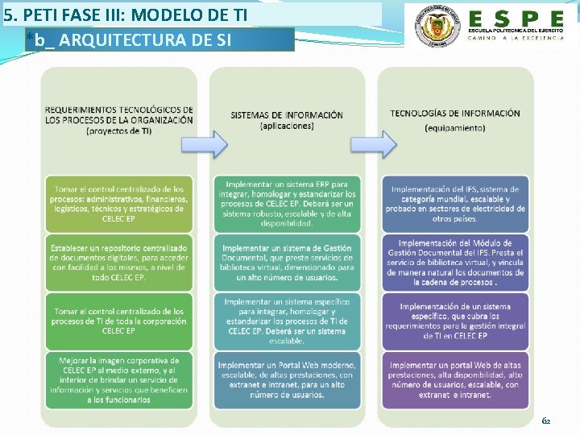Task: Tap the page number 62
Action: (x=546, y=420)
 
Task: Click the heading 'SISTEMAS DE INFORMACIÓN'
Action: (x=286, y=119)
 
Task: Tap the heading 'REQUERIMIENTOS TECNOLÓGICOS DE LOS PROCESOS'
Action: (x=119, y=119)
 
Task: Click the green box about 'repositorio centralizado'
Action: (x=119, y=262)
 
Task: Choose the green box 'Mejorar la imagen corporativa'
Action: (x=119, y=379)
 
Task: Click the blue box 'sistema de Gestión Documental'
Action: (x=287, y=262)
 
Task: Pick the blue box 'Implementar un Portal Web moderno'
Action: (x=287, y=379)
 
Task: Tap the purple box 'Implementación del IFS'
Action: (x=455, y=204)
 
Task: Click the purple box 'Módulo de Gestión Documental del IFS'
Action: (x=455, y=262)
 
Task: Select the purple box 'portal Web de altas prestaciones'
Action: (x=455, y=379)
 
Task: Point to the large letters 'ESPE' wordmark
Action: (x=516, y=18)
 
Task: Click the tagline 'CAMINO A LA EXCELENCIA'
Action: (x=516, y=39)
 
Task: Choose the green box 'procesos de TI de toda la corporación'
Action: (x=119, y=321)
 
